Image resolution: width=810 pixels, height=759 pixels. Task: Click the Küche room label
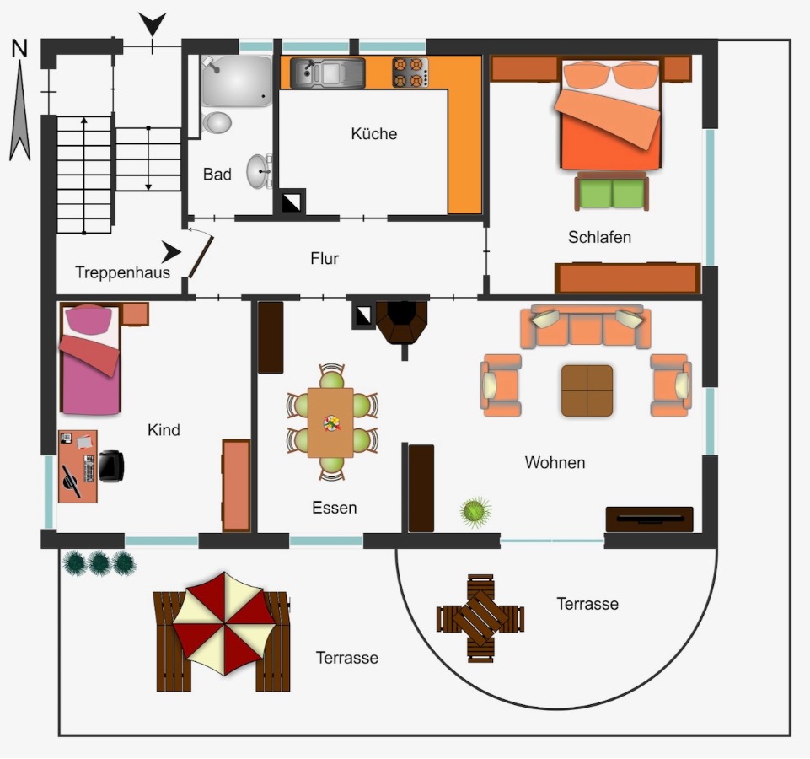374,133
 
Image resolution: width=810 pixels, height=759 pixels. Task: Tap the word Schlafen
599,237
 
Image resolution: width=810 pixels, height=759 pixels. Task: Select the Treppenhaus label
122,272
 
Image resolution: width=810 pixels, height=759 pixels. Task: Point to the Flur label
325,258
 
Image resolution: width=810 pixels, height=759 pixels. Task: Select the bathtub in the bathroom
237,81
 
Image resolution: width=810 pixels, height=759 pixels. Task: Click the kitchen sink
328,73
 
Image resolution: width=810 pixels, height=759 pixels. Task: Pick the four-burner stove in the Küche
410,73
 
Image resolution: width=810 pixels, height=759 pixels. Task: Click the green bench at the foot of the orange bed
612,191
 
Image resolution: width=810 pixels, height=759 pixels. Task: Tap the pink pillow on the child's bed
89,319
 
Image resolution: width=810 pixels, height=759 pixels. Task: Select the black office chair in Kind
111,466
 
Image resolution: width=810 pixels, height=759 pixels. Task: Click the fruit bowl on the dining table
331,423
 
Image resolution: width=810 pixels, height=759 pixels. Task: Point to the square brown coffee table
587,390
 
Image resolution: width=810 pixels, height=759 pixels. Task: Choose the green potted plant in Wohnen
475,512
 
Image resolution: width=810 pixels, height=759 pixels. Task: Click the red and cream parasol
223,623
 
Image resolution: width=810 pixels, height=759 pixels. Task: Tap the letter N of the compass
19,48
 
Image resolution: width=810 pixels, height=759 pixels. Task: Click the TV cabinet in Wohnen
649,519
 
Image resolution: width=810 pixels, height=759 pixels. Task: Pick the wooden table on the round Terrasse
480,618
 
